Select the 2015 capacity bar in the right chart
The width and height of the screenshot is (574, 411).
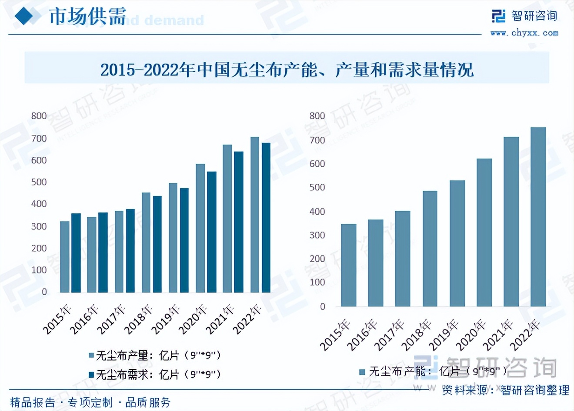[x=348, y=265]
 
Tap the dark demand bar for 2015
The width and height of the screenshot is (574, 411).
[x=76, y=253]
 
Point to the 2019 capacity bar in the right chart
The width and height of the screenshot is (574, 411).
[x=457, y=243]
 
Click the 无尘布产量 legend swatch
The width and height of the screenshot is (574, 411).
[x=91, y=355]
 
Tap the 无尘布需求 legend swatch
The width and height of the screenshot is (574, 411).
[x=91, y=374]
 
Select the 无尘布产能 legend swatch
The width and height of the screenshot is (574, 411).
[x=362, y=372]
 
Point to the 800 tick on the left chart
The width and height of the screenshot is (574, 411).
[x=39, y=116]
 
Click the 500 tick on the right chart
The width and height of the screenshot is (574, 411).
[x=317, y=187]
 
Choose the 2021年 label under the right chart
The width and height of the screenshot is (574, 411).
[x=499, y=335]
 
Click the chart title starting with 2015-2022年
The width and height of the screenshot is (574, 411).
[x=287, y=70]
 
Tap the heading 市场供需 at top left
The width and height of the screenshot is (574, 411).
[x=87, y=17]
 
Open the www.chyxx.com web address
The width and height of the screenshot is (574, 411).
[x=524, y=33]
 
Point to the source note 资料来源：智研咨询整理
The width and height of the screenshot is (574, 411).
[x=505, y=390]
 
